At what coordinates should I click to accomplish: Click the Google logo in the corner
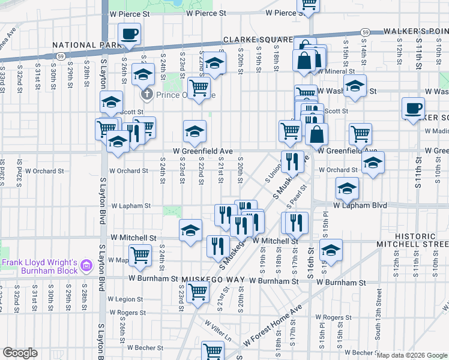(20, 353)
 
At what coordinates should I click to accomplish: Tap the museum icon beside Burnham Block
(86, 265)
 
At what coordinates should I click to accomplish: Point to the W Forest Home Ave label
(273, 329)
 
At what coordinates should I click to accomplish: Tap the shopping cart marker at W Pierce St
(310, 5)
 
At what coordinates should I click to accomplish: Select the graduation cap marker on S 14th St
(355, 87)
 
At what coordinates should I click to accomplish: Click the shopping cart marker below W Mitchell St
(140, 255)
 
